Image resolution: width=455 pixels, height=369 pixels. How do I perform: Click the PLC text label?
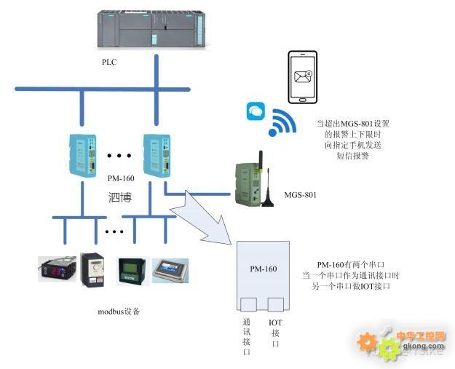click(x=108, y=63)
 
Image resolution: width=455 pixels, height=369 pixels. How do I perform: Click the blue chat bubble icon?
click(x=256, y=111)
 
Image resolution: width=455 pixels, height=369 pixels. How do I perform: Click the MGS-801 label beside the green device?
click(x=300, y=196)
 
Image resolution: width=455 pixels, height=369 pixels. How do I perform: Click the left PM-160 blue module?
click(x=79, y=156)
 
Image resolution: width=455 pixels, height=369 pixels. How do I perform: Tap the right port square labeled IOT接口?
click(x=274, y=305)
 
